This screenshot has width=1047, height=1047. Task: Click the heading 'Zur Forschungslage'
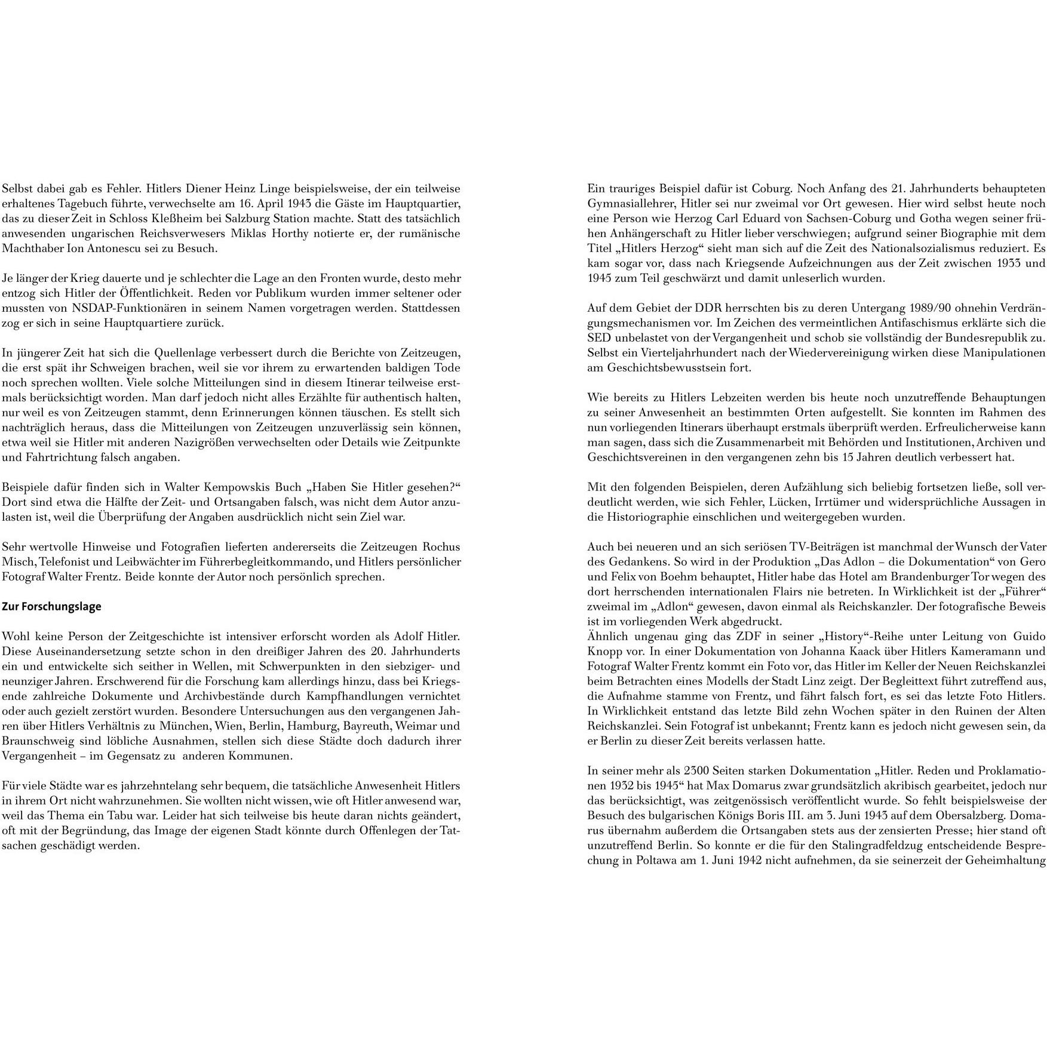point(52,607)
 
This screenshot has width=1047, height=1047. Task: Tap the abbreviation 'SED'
point(599,338)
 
